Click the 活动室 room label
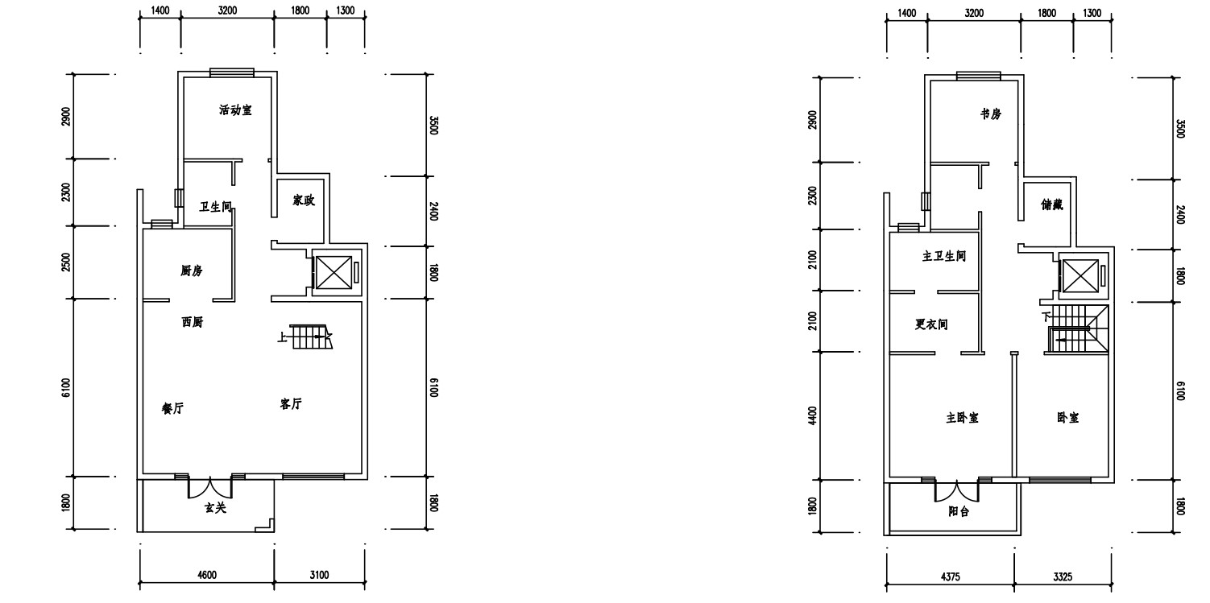[x=235, y=110]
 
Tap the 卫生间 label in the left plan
[x=216, y=207]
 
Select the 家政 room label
[x=304, y=200]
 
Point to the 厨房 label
[x=192, y=271]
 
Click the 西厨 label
[x=193, y=322]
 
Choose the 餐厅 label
[x=173, y=408]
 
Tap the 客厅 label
[x=291, y=404]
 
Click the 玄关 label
[x=216, y=507]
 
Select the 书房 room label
[x=991, y=114]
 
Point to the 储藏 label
[x=1052, y=204]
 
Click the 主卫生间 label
[x=944, y=256]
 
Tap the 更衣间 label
[x=931, y=324]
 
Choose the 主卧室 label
[x=963, y=418]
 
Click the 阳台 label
[x=959, y=511]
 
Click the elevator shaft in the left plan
[x=334, y=273]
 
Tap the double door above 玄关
[x=210, y=487]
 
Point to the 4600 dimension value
[x=207, y=575]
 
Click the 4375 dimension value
[x=951, y=576]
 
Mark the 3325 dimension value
[x=1063, y=576]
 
